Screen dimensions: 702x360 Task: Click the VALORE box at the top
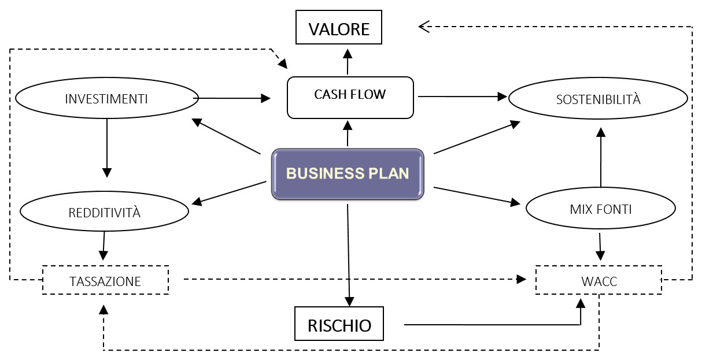(x=339, y=27)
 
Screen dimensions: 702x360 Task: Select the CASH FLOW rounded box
(x=350, y=98)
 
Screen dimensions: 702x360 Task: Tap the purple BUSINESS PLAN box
(x=348, y=174)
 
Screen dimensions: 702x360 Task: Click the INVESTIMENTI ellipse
(x=107, y=98)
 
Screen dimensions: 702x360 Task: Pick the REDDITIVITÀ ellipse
(x=104, y=211)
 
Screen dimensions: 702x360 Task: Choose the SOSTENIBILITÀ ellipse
(x=598, y=98)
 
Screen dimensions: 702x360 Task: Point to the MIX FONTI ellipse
(x=600, y=208)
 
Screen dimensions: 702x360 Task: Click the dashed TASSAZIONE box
(x=106, y=280)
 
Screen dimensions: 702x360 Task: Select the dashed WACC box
(x=599, y=280)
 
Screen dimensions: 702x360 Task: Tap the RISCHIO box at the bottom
(x=339, y=324)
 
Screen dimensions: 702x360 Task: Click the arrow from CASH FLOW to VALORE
(x=348, y=62)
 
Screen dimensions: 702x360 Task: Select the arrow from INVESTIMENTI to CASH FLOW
(x=232, y=98)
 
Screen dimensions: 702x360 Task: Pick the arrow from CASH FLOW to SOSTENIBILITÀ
(x=463, y=97)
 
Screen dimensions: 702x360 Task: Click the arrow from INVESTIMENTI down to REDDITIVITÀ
(x=107, y=148)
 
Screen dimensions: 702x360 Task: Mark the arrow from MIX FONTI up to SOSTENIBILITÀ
(x=601, y=157)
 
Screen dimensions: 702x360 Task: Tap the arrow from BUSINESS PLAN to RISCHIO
(x=349, y=255)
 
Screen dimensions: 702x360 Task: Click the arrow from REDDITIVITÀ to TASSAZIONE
(x=104, y=246)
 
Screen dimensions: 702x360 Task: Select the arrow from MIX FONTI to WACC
(x=600, y=247)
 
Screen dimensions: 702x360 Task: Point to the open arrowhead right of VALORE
(x=424, y=27)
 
